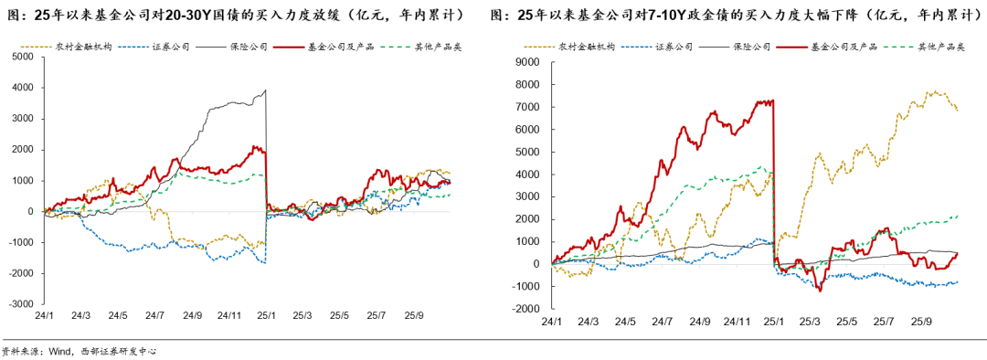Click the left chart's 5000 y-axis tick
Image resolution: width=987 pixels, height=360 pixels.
(22, 57)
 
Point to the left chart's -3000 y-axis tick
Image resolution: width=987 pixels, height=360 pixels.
(20, 304)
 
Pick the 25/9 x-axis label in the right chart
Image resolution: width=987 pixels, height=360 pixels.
(920, 322)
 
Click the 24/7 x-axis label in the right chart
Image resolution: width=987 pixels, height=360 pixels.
(662, 322)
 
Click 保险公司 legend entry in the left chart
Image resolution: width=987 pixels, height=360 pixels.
(248, 47)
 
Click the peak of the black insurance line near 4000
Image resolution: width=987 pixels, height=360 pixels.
(265, 90)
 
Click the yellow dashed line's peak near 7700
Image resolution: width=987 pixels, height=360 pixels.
(933, 91)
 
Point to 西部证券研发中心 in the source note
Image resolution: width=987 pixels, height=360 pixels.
(112, 350)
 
